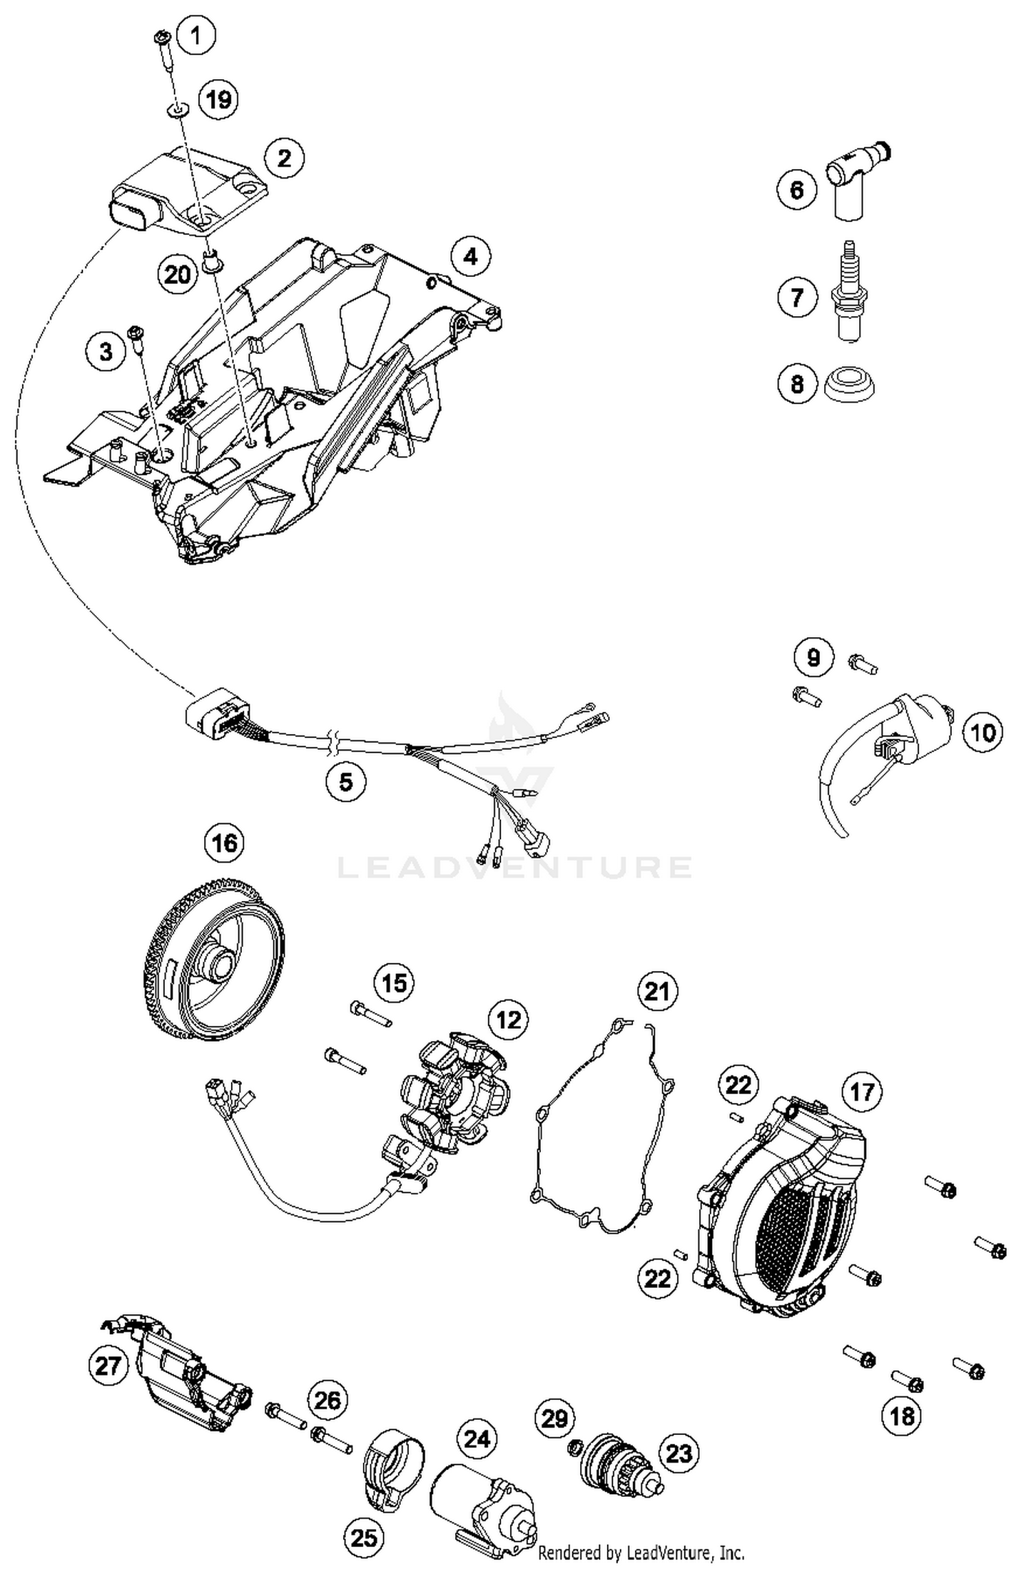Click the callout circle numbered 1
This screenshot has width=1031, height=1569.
pos(196,34)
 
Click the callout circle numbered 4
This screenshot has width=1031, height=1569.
pos(470,257)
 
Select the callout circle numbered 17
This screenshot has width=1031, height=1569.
pos(862,1091)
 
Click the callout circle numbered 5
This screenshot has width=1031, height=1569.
pos(346,781)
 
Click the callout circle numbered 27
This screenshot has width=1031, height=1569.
pos(108,1365)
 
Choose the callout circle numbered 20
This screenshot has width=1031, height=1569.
pos(177,275)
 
